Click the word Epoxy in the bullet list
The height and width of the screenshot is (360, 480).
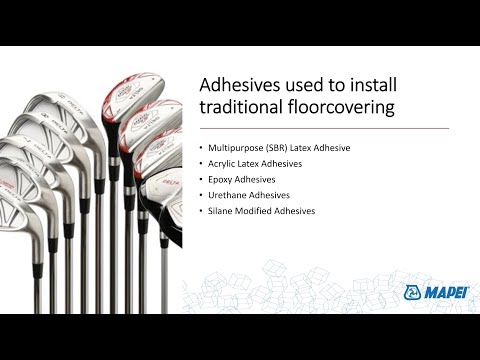point(222,179)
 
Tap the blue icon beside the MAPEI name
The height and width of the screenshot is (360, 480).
point(414,292)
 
